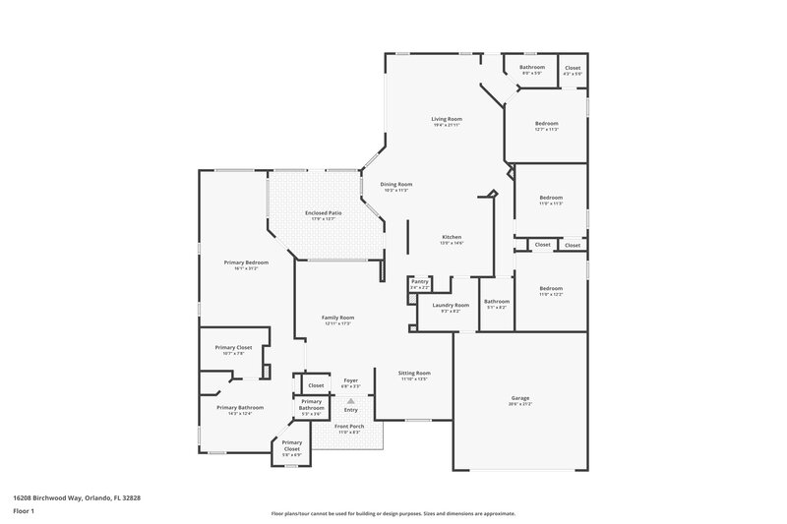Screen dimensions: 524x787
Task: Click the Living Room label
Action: coord(446,120)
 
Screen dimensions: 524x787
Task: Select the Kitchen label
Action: coord(452,237)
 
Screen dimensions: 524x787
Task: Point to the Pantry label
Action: coord(420,281)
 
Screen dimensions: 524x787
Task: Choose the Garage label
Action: coord(519,398)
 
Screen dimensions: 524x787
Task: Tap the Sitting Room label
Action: coord(414,374)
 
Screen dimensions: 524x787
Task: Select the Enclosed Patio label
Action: coord(323,213)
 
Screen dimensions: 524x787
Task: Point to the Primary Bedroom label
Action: coord(246,262)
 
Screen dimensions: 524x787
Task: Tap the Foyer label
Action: coord(350,380)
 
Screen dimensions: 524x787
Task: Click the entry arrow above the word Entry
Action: coord(350,400)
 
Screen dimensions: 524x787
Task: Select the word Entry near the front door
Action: coord(350,410)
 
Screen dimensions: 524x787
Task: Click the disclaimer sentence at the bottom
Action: coord(393,513)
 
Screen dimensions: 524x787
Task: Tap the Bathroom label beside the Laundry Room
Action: coord(497,302)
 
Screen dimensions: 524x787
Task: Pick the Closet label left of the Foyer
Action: coord(316,385)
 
